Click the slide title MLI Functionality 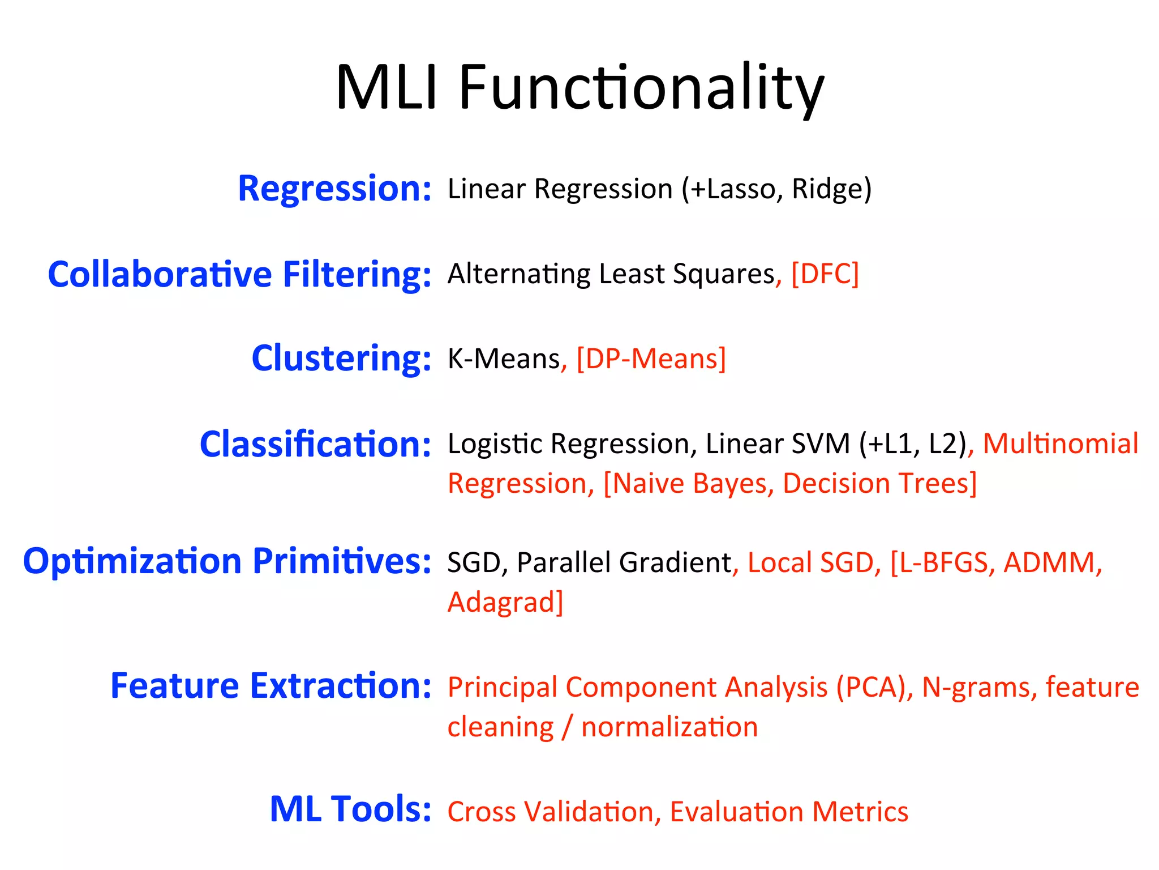[579, 88]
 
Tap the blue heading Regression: [334, 189]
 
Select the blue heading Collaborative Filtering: [239, 274]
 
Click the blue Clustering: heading [341, 359]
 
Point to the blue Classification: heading [315, 444]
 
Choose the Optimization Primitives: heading [227, 561]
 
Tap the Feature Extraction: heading [271, 686]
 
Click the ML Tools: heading [350, 809]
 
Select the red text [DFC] [825, 274]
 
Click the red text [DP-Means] [651, 359]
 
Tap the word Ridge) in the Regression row [831, 189]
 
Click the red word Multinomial [1060, 443]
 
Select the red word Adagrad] [505, 602]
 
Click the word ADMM [1051, 562]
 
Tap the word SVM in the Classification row [820, 443]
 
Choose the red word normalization [669, 727]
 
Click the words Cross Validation [550, 812]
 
